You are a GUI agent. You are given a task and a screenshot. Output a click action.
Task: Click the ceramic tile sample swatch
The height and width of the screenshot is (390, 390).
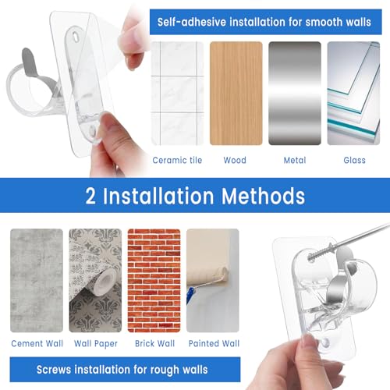pyautogui.click(x=177, y=94)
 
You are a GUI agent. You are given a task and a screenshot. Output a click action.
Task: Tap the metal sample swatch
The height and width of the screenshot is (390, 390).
pyautogui.click(x=294, y=94)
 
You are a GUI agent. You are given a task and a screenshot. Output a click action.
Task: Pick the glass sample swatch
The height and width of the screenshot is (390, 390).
pyautogui.click(x=353, y=94)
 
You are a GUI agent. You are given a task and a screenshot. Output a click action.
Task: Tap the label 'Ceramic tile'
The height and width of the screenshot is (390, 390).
pyautogui.click(x=177, y=161)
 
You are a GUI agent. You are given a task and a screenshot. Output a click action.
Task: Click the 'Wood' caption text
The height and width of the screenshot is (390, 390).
pyautogui.click(x=235, y=161)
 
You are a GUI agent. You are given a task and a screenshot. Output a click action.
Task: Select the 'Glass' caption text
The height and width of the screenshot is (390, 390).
pyautogui.click(x=354, y=161)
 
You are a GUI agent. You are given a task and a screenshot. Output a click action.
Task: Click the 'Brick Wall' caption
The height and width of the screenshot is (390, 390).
pyautogui.click(x=154, y=343)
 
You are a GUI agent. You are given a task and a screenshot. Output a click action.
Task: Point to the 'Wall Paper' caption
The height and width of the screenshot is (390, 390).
pyautogui.click(x=94, y=343)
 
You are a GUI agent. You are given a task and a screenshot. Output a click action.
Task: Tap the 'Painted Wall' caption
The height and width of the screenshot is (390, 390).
pyautogui.click(x=212, y=343)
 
